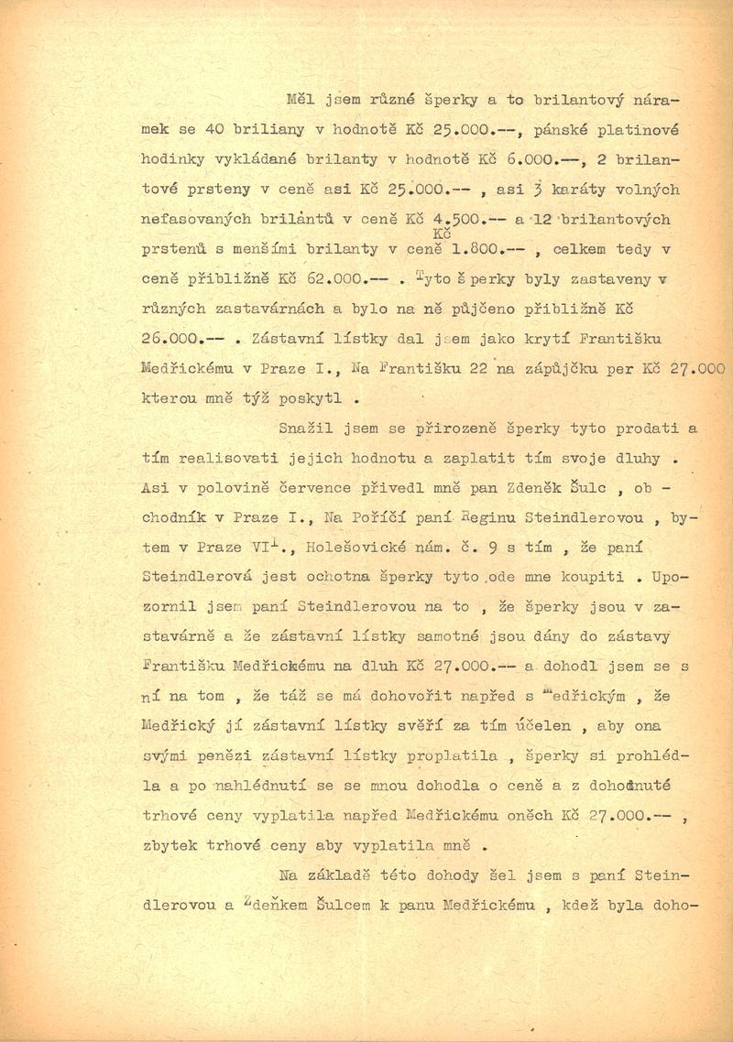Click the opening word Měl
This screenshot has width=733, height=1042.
[x=299, y=99]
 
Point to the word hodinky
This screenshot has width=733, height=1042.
[x=174, y=159]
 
